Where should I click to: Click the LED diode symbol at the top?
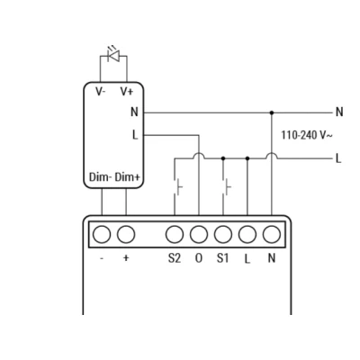coord(114,55)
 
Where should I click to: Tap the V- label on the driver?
coord(100,92)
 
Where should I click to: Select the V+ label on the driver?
coord(127,92)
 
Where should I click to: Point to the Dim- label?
coord(101,177)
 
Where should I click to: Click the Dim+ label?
coord(128,177)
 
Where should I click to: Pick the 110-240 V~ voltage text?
coord(307,135)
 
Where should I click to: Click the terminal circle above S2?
coord(175,235)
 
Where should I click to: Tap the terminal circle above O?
coord(199,235)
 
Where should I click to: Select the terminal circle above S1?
coord(223,235)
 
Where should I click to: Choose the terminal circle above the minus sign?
coord(102,235)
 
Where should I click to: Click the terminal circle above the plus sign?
coord(126,235)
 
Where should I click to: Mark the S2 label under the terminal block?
coord(175,258)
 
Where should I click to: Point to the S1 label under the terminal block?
coord(222,258)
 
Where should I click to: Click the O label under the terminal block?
coord(199,258)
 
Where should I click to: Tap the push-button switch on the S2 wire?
coord(177,187)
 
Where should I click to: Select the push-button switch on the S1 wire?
coord(226,187)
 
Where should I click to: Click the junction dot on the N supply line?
coord(272,112)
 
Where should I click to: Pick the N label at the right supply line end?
coord(339,112)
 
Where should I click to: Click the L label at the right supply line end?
coord(338,158)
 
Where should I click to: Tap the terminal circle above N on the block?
coord(272,235)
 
